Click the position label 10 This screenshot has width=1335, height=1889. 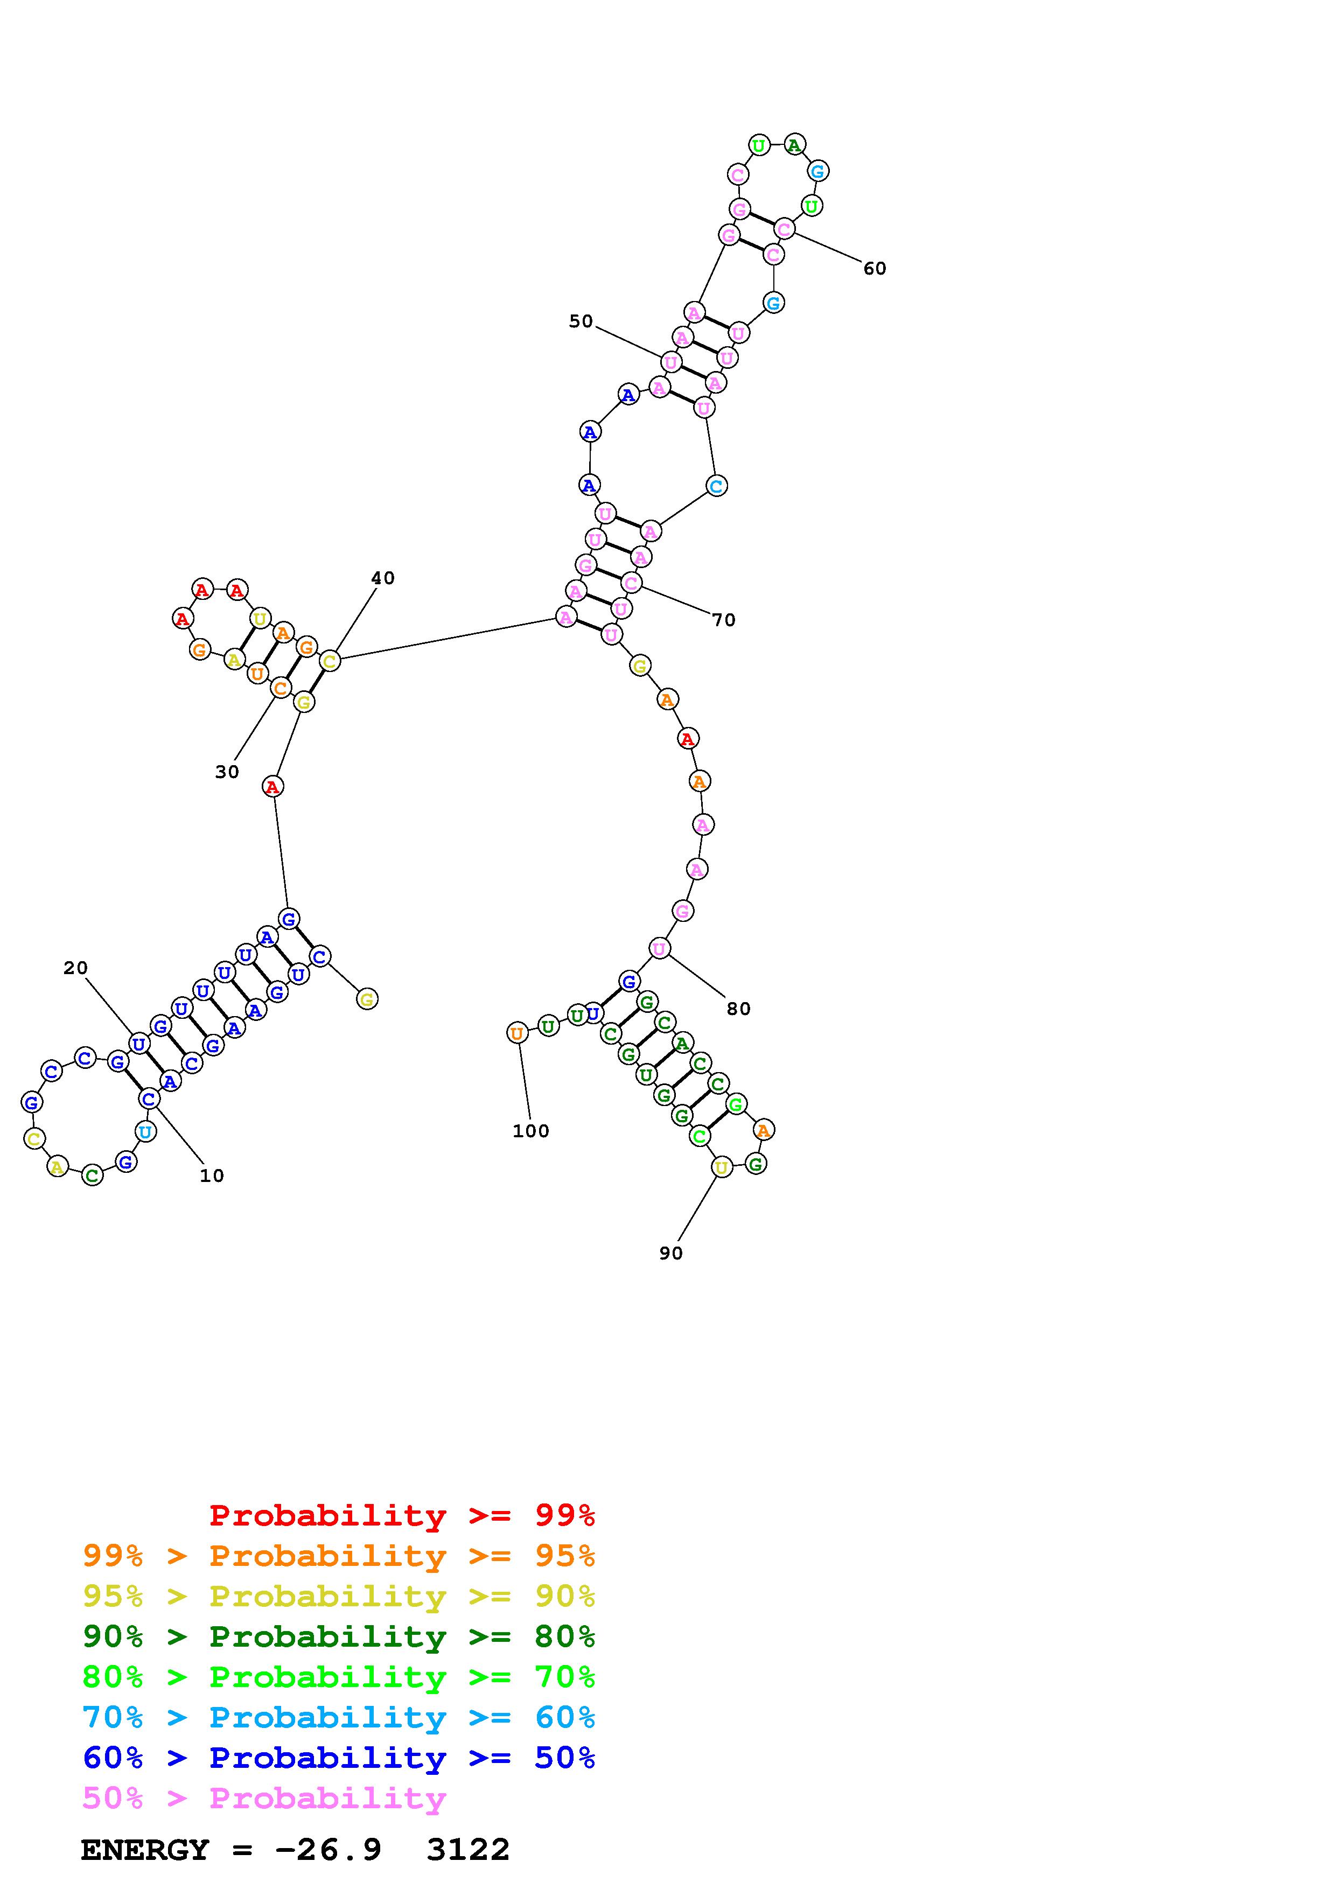(x=212, y=1176)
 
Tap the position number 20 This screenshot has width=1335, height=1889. (x=75, y=968)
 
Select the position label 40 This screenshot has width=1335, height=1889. (x=382, y=578)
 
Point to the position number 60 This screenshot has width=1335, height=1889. (x=875, y=268)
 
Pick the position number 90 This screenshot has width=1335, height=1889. (x=670, y=1253)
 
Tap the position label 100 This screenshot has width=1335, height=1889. (x=530, y=1131)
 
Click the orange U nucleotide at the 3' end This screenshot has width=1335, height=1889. (x=516, y=1032)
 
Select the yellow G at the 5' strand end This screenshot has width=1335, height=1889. (x=367, y=999)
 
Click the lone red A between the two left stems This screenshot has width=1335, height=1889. (x=272, y=787)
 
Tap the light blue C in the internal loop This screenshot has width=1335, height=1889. (x=716, y=486)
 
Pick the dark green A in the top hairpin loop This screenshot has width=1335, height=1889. (x=794, y=145)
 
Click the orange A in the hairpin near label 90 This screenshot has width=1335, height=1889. (x=763, y=1130)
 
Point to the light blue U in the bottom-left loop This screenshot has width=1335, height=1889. (x=145, y=1132)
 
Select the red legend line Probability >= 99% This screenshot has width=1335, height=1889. (x=402, y=1515)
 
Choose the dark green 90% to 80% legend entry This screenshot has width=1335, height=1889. (x=339, y=1636)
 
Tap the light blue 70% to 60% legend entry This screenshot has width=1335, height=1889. (x=339, y=1717)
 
